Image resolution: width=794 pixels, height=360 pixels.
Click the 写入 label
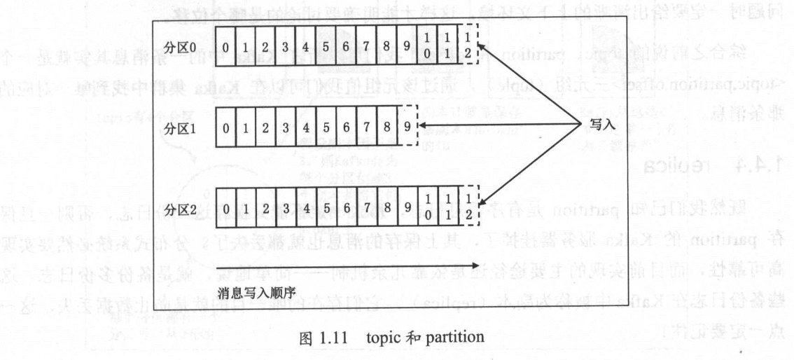[595, 126]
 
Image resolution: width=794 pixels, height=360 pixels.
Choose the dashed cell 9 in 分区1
[407, 129]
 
